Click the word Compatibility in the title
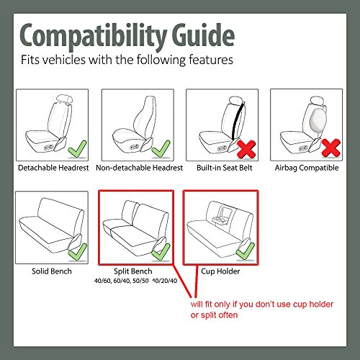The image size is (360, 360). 93,37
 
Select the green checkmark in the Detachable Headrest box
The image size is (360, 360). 77,149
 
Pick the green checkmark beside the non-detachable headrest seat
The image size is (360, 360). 161,149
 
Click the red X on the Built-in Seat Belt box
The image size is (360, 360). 246,149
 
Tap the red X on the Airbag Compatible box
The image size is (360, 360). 331,148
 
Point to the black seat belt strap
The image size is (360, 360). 238,120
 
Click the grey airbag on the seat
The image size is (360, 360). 318,119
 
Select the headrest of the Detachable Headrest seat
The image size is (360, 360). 64,99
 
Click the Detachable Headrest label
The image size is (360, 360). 53,168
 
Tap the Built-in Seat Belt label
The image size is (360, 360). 225,168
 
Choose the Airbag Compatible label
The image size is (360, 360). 307,168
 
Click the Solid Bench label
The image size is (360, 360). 52,271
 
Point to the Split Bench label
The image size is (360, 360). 133,271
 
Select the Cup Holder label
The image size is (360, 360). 220,271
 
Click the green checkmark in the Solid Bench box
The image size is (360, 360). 78,252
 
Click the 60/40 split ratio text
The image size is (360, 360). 122,281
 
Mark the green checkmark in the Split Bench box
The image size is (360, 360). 161,251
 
